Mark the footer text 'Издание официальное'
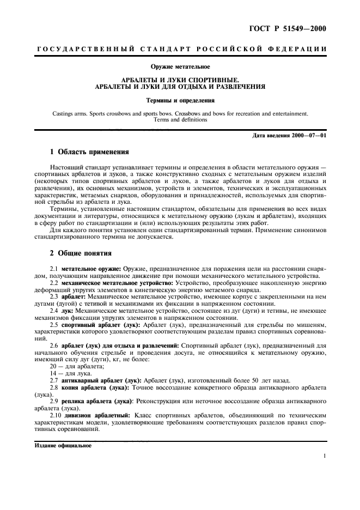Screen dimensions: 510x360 (x=63, y=445)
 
